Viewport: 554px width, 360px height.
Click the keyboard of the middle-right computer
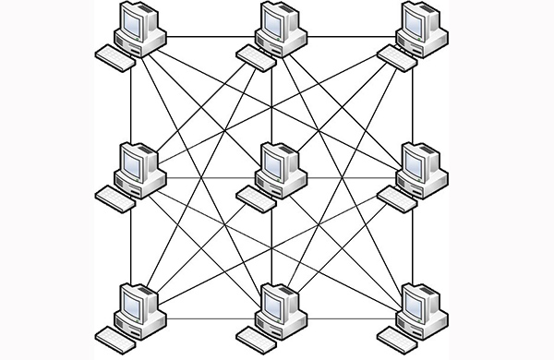[x=395, y=196]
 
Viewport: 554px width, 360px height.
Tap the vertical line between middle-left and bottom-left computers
[x=131, y=245]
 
